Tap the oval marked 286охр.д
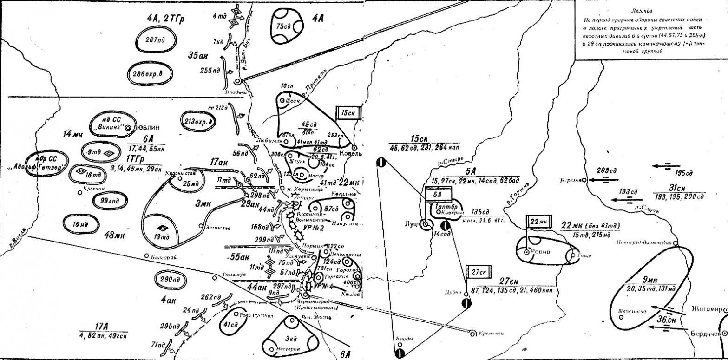point(149,74)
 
